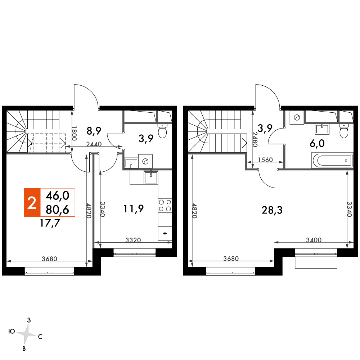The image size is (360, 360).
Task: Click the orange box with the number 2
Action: pos(32,202)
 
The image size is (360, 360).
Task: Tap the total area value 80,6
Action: pos(57,210)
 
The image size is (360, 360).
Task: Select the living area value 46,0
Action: pos(57,195)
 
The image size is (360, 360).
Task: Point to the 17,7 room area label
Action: pos(50,223)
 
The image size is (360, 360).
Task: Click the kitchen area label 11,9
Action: pos(134,209)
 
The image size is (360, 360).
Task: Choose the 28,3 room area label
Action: pos(272,210)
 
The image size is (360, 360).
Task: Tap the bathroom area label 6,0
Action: pos(317,144)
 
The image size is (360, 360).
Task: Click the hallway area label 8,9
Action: pos(94,131)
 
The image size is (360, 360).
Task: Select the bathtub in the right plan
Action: pos(332,160)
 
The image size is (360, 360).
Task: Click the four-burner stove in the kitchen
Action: pos(165,206)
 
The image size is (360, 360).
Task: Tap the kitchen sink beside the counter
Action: pos(151,177)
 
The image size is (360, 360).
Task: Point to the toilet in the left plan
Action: pos(163,131)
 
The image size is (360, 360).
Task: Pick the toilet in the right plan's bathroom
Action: pos(344,131)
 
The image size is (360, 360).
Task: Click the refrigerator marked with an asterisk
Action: pos(165,233)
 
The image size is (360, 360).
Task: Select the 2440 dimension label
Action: pos(94,144)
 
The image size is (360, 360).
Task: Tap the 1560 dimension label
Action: pos(265,159)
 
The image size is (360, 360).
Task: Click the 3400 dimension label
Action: pos(314,240)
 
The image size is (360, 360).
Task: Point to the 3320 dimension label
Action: pos(133,240)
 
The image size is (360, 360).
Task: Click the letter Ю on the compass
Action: pos(12,331)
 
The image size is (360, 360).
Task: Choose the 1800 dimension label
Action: pos(74,134)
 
